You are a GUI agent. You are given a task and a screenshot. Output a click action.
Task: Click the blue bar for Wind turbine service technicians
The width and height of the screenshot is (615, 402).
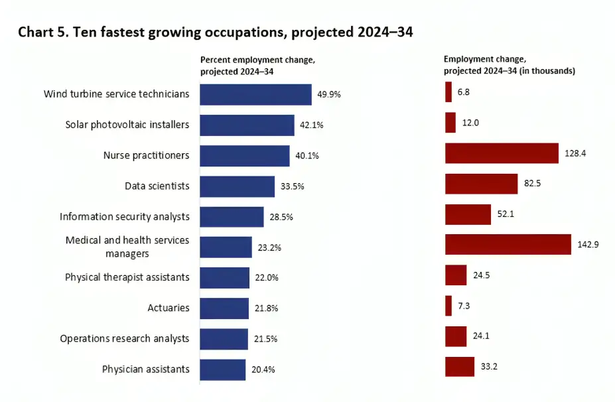(255, 94)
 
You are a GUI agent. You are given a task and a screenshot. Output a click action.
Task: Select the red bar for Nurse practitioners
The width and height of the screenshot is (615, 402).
(502, 153)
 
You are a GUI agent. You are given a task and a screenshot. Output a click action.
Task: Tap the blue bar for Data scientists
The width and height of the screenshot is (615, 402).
(237, 186)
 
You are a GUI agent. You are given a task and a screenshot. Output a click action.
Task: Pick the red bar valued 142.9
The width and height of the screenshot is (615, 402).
(508, 244)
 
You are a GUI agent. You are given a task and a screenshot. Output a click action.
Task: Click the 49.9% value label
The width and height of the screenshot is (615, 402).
(329, 94)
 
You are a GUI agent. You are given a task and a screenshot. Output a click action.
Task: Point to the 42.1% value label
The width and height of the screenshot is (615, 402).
(312, 125)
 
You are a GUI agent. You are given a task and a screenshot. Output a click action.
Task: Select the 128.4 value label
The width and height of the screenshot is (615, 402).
(575, 153)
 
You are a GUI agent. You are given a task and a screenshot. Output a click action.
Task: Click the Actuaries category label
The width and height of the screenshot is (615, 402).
(168, 308)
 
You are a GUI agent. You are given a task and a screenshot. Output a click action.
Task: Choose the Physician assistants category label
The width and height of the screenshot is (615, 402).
(145, 369)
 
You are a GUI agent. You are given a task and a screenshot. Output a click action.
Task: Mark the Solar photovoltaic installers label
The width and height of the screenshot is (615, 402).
(127, 125)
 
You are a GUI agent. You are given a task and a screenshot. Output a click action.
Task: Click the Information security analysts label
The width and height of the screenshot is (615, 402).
(124, 216)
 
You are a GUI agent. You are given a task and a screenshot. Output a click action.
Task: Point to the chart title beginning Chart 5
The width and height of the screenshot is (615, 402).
(216, 33)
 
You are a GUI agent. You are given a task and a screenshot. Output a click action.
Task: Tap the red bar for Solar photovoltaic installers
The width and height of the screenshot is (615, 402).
(450, 123)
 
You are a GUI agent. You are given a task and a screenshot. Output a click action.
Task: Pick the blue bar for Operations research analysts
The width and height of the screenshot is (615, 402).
(224, 339)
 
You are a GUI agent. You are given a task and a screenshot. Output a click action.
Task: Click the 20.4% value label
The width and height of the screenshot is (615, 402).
(263, 369)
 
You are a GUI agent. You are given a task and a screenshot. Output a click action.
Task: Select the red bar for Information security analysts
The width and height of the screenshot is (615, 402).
(468, 214)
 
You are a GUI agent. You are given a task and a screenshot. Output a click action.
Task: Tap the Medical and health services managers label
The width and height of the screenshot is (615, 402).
(127, 247)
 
